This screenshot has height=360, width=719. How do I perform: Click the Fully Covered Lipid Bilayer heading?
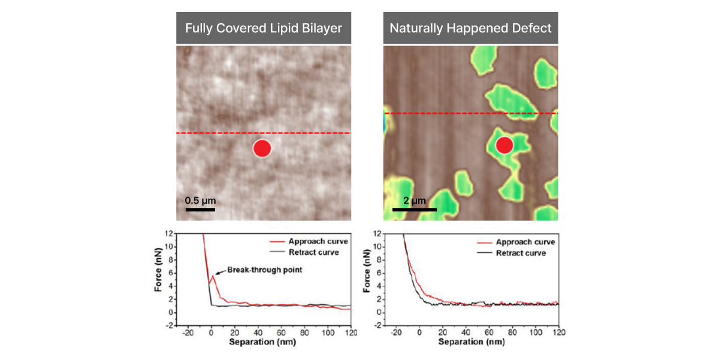coord(264,28)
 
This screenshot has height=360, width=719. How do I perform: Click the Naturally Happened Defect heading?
coord(470,28)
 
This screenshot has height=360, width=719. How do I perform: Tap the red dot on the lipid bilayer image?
coord(262,148)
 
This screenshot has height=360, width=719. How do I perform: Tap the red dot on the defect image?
coord(504,145)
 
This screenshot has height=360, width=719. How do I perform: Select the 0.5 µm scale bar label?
coord(200,200)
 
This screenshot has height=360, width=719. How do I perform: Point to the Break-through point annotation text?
coord(265,270)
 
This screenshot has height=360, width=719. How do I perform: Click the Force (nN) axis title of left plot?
coord(158,279)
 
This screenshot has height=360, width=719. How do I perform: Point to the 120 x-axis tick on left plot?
coord(351,332)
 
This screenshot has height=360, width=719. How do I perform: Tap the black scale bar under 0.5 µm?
coord(200,210)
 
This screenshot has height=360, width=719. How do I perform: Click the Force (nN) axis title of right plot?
coord(367,279)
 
